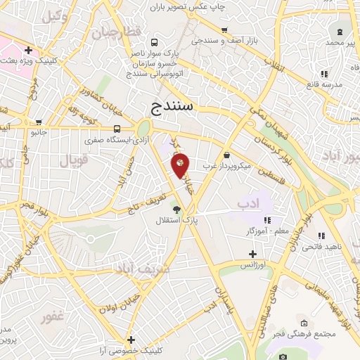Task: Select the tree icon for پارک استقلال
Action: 176,209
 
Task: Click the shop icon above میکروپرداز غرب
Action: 226,155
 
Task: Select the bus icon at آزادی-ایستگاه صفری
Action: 117,129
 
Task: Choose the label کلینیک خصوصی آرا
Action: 131,350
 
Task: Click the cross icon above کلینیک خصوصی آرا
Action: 131,340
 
